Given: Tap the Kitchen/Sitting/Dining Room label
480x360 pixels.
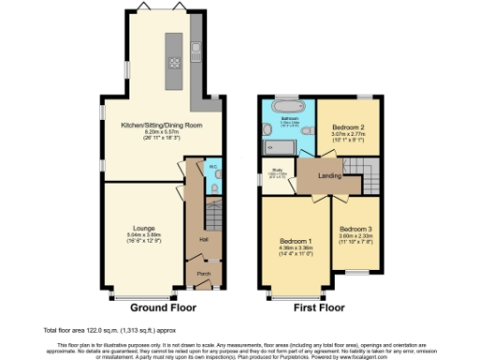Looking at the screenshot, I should (x=156, y=125).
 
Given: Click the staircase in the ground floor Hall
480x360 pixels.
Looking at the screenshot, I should (x=214, y=221).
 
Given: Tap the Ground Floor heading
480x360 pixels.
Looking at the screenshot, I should (x=155, y=307).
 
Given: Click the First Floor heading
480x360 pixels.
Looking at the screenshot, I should (x=319, y=307).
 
